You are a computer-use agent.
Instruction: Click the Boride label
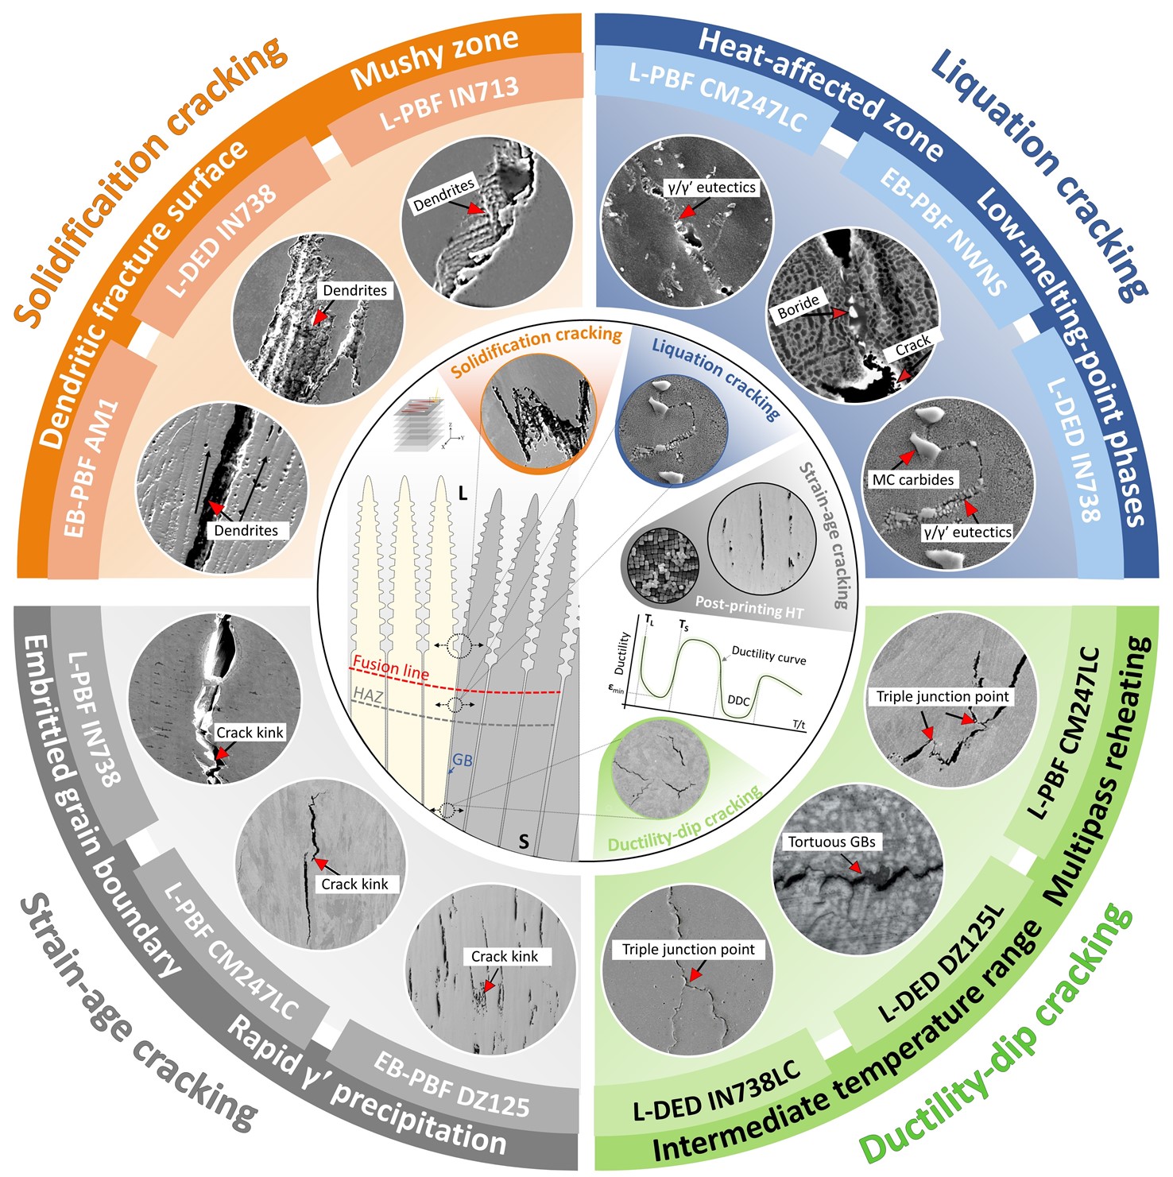(798, 306)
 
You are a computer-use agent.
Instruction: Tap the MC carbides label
(912, 480)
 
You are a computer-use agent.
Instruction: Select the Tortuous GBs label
(831, 842)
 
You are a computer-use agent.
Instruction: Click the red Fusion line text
(390, 668)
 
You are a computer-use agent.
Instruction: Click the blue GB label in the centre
(462, 761)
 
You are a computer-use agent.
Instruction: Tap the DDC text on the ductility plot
(738, 701)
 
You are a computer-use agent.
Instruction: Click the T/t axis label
(799, 724)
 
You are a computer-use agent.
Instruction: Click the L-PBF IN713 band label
(449, 103)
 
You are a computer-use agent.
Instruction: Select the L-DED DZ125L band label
(942, 963)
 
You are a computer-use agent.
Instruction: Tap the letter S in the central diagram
(523, 841)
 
